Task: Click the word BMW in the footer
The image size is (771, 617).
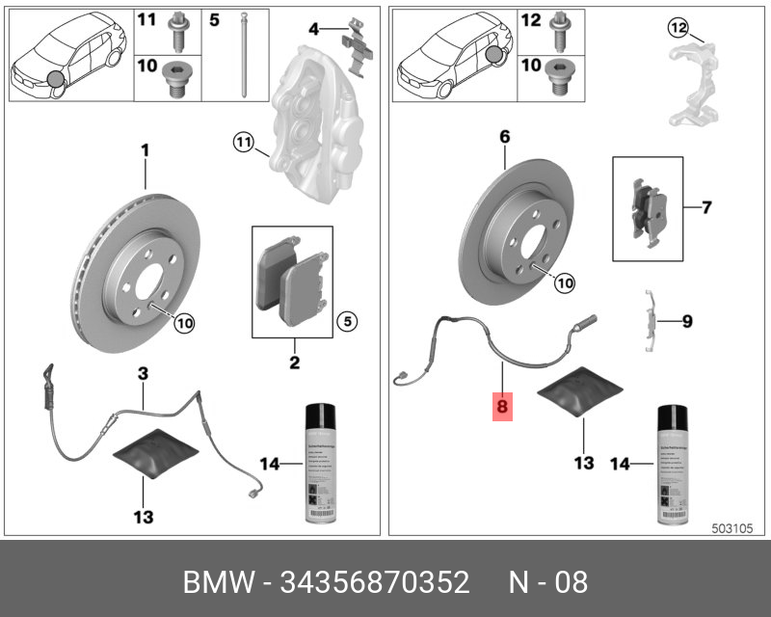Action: (x=218, y=583)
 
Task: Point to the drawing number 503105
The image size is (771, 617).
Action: (x=739, y=528)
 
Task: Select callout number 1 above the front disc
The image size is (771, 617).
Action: (x=146, y=150)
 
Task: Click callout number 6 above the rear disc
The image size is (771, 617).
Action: (x=503, y=137)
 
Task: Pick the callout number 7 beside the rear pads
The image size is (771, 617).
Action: (x=706, y=207)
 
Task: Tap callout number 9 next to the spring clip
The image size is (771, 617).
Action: (x=687, y=320)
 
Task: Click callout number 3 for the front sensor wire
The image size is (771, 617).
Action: (x=142, y=372)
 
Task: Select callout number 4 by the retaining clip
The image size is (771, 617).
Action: (x=313, y=31)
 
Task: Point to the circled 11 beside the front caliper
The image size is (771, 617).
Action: (x=242, y=145)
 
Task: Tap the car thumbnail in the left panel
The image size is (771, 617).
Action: (x=67, y=56)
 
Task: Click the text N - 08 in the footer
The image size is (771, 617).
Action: (x=547, y=583)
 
